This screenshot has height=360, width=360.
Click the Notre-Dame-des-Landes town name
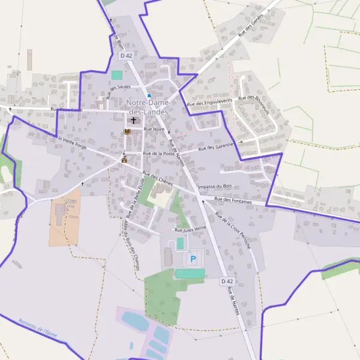[x=148, y=107]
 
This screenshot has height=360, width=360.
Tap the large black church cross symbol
[x=133, y=121]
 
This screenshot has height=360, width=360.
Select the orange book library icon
[x=127, y=131]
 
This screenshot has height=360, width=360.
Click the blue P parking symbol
[x=193, y=259]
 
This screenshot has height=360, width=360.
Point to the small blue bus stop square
[x=149, y=95]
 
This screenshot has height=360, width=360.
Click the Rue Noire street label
[x=154, y=129]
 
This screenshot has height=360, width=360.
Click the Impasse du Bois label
[x=214, y=187]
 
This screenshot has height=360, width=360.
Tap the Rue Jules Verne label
[x=190, y=229]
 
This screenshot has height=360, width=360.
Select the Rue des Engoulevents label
[x=209, y=103]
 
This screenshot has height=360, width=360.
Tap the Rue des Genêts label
[x=251, y=26]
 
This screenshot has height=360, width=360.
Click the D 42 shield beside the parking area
[x=226, y=281]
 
